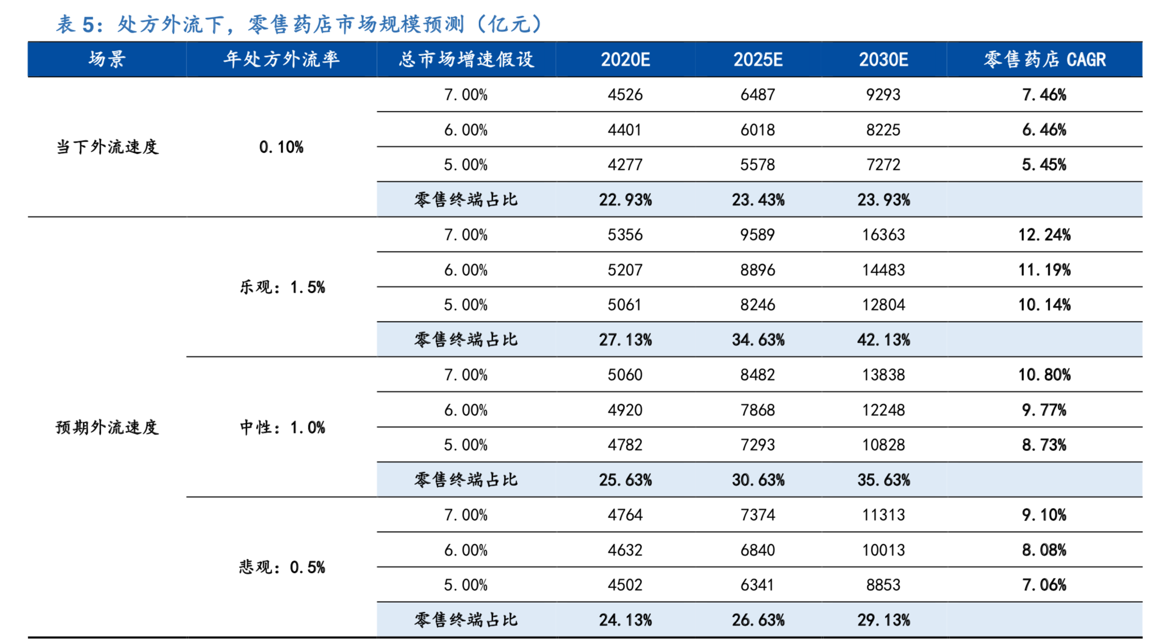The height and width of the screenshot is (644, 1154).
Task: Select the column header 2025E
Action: [757, 59]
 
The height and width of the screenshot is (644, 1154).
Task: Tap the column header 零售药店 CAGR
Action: [1044, 59]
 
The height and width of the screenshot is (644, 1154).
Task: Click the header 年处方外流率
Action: [281, 59]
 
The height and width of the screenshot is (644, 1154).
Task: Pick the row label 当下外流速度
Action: [107, 147]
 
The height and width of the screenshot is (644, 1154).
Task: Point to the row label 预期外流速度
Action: [107, 427]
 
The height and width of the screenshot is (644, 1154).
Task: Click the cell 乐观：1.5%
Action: [282, 287]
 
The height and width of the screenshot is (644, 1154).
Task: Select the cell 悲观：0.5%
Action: [282, 567]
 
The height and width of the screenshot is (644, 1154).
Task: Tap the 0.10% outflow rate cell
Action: [281, 147]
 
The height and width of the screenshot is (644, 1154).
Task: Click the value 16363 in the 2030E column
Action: [883, 235]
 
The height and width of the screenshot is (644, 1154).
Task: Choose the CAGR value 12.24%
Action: [1044, 235]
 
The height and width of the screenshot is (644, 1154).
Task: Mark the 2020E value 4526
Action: [625, 95]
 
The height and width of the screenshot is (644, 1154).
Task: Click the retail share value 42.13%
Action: [883, 340]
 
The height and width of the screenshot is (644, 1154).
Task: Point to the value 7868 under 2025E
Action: [757, 410]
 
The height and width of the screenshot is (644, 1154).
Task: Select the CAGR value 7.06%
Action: [1044, 585]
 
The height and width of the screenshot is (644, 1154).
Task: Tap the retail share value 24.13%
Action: [625, 620]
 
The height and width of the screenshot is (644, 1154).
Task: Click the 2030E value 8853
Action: [883, 585]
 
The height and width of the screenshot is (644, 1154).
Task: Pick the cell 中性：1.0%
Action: [282, 427]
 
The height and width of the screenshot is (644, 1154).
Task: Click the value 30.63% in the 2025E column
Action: [757, 480]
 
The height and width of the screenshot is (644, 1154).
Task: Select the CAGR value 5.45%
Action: [1044, 165]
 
